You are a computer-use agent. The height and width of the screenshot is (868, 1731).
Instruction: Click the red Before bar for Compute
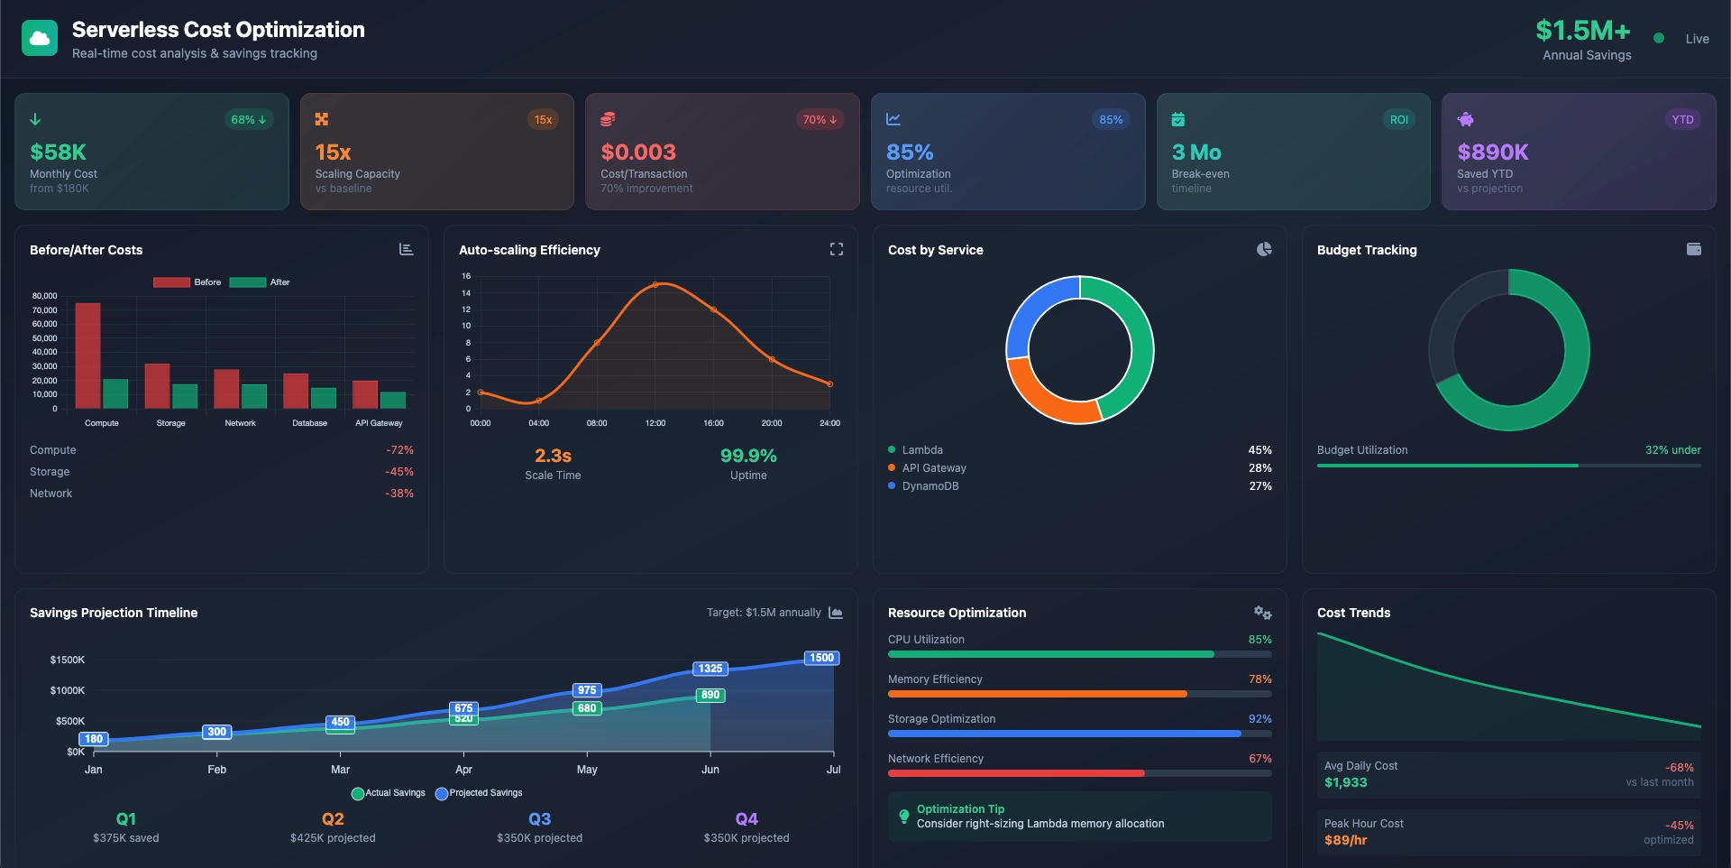pyautogui.click(x=87, y=356)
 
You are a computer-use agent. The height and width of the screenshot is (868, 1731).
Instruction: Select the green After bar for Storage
pyautogui.click(x=185, y=396)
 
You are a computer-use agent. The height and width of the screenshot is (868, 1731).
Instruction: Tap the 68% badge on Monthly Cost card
pyautogui.click(x=248, y=119)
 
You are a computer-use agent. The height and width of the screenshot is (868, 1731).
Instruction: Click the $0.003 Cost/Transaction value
pyautogui.click(x=638, y=152)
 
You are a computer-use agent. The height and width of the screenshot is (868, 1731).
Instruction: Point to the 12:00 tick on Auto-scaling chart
pyautogui.click(x=655, y=422)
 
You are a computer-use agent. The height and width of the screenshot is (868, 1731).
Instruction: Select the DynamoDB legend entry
pyautogui.click(x=930, y=485)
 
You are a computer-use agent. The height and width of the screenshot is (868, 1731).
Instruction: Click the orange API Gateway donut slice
pyautogui.click(x=1046, y=397)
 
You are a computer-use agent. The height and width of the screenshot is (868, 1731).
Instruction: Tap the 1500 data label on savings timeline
pyautogui.click(x=821, y=658)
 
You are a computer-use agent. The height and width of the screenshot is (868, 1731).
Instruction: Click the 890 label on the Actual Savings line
pyautogui.click(x=710, y=695)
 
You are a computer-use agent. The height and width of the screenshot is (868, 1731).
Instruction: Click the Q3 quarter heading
pyautogui.click(x=539, y=818)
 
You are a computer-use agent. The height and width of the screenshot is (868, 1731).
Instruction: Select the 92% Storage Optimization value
pyautogui.click(x=1259, y=719)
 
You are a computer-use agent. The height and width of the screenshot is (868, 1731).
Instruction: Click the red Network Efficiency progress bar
pyautogui.click(x=1016, y=773)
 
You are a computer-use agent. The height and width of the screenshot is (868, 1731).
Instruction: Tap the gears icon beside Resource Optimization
pyautogui.click(x=1262, y=613)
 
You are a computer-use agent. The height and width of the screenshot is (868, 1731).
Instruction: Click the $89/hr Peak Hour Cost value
pyautogui.click(x=1345, y=840)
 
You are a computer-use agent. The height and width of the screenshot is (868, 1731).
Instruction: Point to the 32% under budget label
pyautogui.click(x=1672, y=449)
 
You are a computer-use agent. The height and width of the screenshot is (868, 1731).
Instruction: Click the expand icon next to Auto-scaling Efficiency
pyautogui.click(x=837, y=249)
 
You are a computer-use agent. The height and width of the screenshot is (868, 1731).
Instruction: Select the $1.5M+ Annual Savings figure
pyautogui.click(x=1583, y=31)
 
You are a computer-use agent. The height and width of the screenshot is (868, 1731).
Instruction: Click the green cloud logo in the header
pyautogui.click(x=40, y=38)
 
